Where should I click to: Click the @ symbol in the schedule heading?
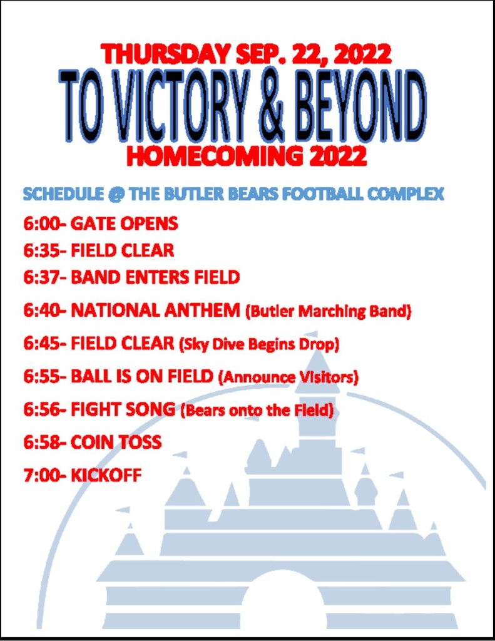(x=116, y=194)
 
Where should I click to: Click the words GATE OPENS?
(x=125, y=223)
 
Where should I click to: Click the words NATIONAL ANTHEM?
(x=155, y=310)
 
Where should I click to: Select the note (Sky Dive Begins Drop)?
(x=259, y=345)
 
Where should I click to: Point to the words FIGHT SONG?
(x=123, y=409)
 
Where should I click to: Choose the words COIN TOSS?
(x=116, y=443)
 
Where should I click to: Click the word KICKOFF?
(x=106, y=476)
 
